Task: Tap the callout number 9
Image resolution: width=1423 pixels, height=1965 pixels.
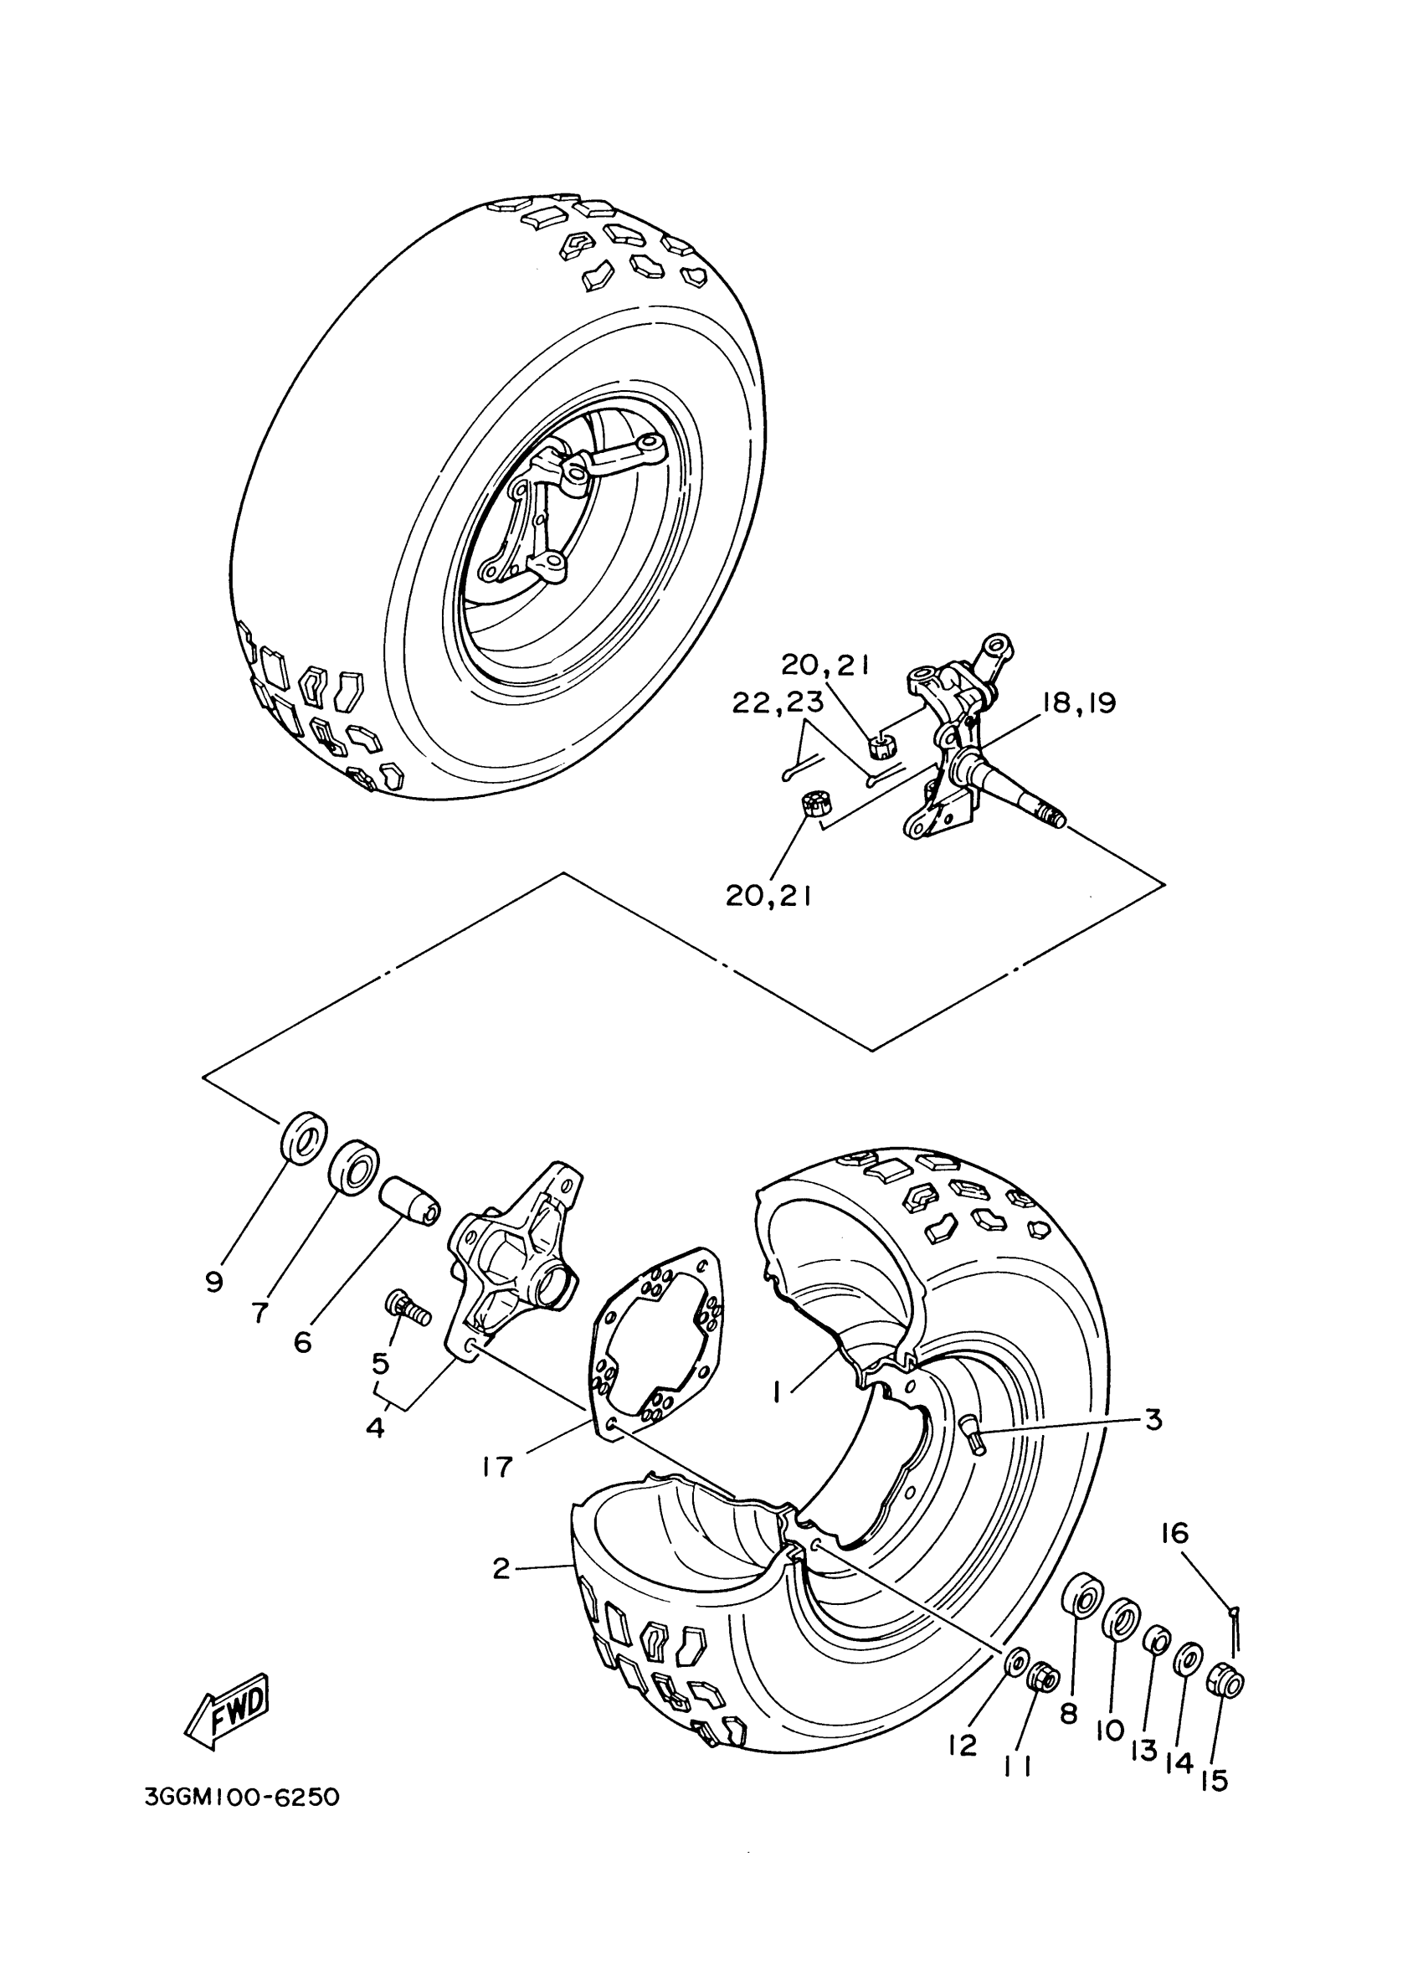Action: [x=214, y=1282]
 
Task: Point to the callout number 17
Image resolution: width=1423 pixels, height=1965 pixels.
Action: [x=500, y=1465]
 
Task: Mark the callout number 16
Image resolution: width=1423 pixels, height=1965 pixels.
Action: [x=1175, y=1534]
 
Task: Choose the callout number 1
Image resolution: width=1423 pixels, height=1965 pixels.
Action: [x=778, y=1391]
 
